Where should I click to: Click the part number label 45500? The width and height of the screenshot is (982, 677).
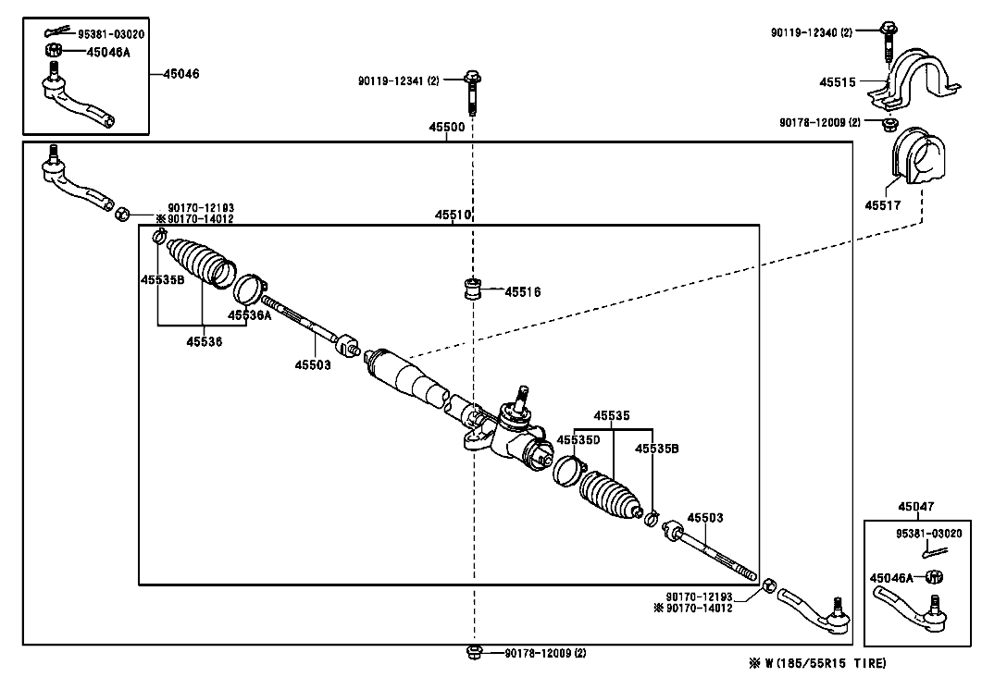(446, 127)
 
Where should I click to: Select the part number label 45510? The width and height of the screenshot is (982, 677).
(453, 215)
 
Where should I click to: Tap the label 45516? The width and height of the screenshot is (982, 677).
(522, 292)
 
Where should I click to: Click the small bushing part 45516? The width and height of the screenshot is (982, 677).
(473, 289)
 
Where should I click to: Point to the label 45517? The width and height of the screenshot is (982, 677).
(882, 205)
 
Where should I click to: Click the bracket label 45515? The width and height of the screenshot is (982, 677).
(838, 82)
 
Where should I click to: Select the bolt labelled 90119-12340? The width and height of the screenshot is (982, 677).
(889, 42)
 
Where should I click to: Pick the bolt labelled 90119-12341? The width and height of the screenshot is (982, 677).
(472, 93)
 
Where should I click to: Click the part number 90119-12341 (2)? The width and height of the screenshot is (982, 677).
(398, 80)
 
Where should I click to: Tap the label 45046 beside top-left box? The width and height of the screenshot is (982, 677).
(181, 74)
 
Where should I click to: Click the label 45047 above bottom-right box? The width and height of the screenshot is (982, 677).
(915, 506)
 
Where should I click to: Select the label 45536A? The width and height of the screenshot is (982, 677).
(249, 315)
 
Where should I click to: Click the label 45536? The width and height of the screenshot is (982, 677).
(205, 341)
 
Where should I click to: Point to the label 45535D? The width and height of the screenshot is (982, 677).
(578, 440)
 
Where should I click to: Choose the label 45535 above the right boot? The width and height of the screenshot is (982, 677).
(612, 415)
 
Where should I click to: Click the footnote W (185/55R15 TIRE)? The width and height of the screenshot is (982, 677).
(818, 663)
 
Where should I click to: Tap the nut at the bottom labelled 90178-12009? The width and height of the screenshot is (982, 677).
(474, 652)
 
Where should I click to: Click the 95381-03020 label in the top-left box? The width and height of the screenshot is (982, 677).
(111, 34)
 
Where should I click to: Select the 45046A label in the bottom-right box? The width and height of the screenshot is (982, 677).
(891, 578)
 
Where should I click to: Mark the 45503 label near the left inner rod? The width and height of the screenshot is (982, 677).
(313, 364)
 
